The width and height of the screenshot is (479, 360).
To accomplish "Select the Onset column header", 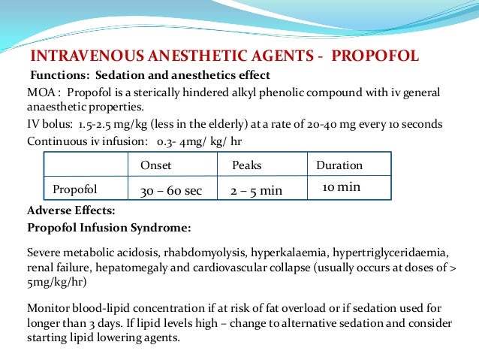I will coord(156,165).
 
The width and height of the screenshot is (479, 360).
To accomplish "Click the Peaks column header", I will coord(247,165).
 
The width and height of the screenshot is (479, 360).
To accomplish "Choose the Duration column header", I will coord(339,165).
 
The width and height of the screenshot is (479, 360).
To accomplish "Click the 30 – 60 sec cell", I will coord(171,191).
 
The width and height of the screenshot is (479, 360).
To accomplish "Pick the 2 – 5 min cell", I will coord(257,191).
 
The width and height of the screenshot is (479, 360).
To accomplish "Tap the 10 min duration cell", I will coord(342,186).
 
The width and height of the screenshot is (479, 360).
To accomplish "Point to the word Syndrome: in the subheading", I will coord(160,226).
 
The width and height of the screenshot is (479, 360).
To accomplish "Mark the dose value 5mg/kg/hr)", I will coord(56,283).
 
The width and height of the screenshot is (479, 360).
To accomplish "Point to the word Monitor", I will coord(48,307).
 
